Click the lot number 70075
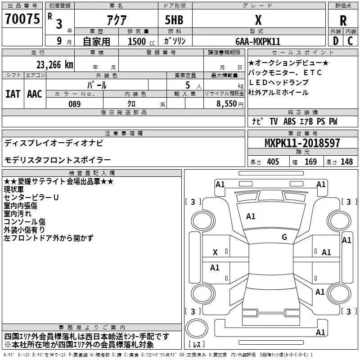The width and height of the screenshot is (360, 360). point(22,19)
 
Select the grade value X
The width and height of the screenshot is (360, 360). point(258,20)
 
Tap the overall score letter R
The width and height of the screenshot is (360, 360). point(343,20)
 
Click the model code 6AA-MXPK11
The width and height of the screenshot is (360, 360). point(258,41)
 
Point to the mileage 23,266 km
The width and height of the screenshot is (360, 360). point(54,64)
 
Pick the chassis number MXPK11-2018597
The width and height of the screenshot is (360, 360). point(302,144)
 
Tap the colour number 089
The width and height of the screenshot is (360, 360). point(74,104)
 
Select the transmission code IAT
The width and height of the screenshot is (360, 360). point(13,94)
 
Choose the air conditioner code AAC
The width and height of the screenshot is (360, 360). point(34,94)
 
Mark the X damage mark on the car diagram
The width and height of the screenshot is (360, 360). point(215,253)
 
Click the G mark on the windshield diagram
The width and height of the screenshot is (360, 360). point(284,237)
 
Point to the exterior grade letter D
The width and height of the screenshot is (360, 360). point(335,41)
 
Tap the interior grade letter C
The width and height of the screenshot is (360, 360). point(350,41)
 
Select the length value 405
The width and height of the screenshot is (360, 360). point(272,162)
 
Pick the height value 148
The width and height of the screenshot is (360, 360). point(346,162)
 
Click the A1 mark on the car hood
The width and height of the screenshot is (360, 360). point(251,216)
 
